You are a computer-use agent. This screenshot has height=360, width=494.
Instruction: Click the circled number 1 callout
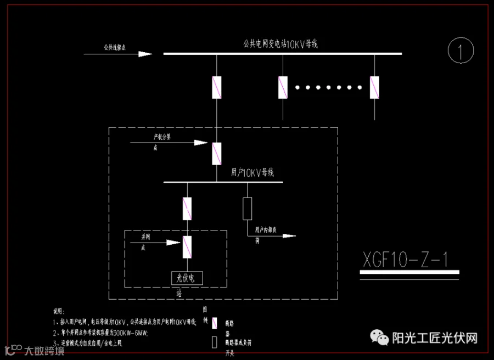point(461,51)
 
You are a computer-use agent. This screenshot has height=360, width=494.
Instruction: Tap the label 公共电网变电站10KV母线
point(280,44)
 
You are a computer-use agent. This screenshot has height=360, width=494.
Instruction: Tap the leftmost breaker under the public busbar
point(217,87)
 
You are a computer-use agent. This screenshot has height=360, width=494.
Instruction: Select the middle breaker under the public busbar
point(283,87)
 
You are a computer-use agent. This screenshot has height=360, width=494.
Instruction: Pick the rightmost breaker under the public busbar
point(374,87)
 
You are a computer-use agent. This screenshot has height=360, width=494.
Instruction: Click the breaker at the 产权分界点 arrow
point(217,153)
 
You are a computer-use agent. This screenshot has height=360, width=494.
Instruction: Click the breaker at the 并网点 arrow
point(188,247)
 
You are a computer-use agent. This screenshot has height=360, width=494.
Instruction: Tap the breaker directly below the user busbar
point(188,209)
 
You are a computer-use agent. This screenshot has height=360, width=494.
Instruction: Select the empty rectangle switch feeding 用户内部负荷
point(248,209)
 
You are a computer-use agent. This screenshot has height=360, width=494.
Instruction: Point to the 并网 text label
point(146,237)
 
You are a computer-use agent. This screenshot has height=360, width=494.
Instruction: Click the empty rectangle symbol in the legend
point(214,342)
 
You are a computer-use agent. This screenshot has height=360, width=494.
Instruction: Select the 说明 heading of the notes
point(59,311)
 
